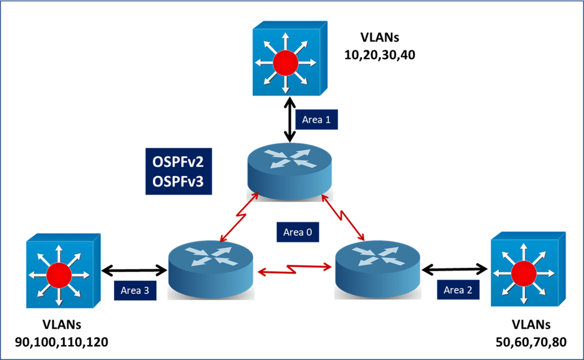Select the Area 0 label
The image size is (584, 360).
pos(297,232)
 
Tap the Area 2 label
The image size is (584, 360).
pos(458,290)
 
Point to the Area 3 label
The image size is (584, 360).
pos(135,290)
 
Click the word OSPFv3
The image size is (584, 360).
pos(178,181)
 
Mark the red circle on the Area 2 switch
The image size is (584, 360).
pos(523,273)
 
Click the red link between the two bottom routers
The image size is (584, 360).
pos(295,266)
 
